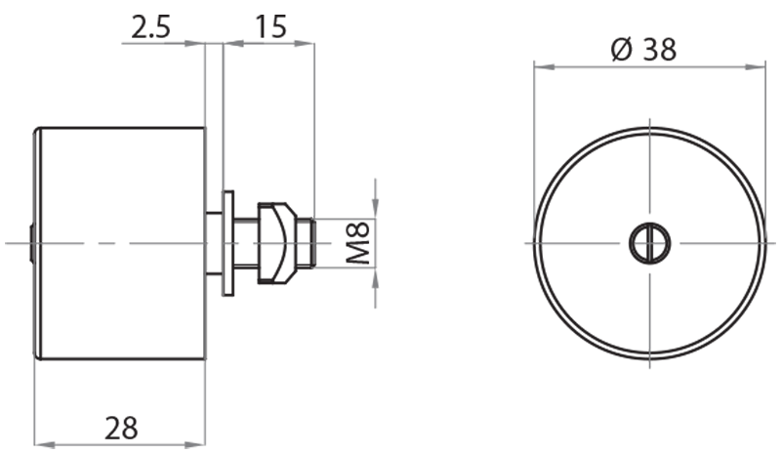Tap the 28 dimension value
(x=122, y=427)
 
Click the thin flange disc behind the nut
(x=228, y=242)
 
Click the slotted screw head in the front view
(x=648, y=242)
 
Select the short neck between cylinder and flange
(x=214, y=242)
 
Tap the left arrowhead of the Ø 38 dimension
(x=540, y=67)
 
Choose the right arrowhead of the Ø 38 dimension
(x=759, y=67)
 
